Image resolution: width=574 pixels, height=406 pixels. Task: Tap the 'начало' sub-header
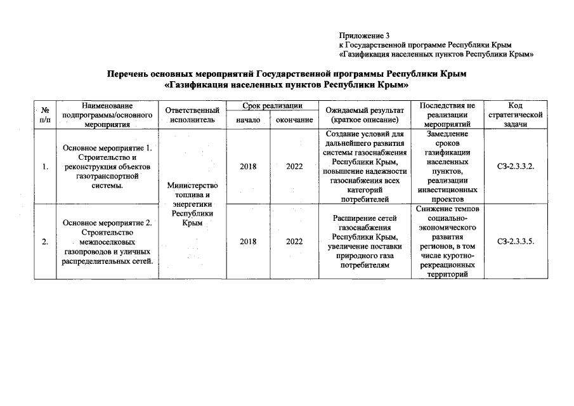[x=248, y=120]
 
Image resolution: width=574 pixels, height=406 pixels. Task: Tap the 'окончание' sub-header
[x=294, y=120]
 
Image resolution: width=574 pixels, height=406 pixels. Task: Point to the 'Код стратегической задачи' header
[x=516, y=115]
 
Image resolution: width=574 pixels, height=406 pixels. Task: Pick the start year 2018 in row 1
[x=249, y=167]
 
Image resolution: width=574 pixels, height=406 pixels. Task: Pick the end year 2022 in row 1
[x=294, y=167]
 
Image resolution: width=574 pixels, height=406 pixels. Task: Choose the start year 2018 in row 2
[x=249, y=242]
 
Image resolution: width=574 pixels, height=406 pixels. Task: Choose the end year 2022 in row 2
[x=294, y=242]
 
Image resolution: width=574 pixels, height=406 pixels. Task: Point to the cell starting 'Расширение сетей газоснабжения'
[x=364, y=242]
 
